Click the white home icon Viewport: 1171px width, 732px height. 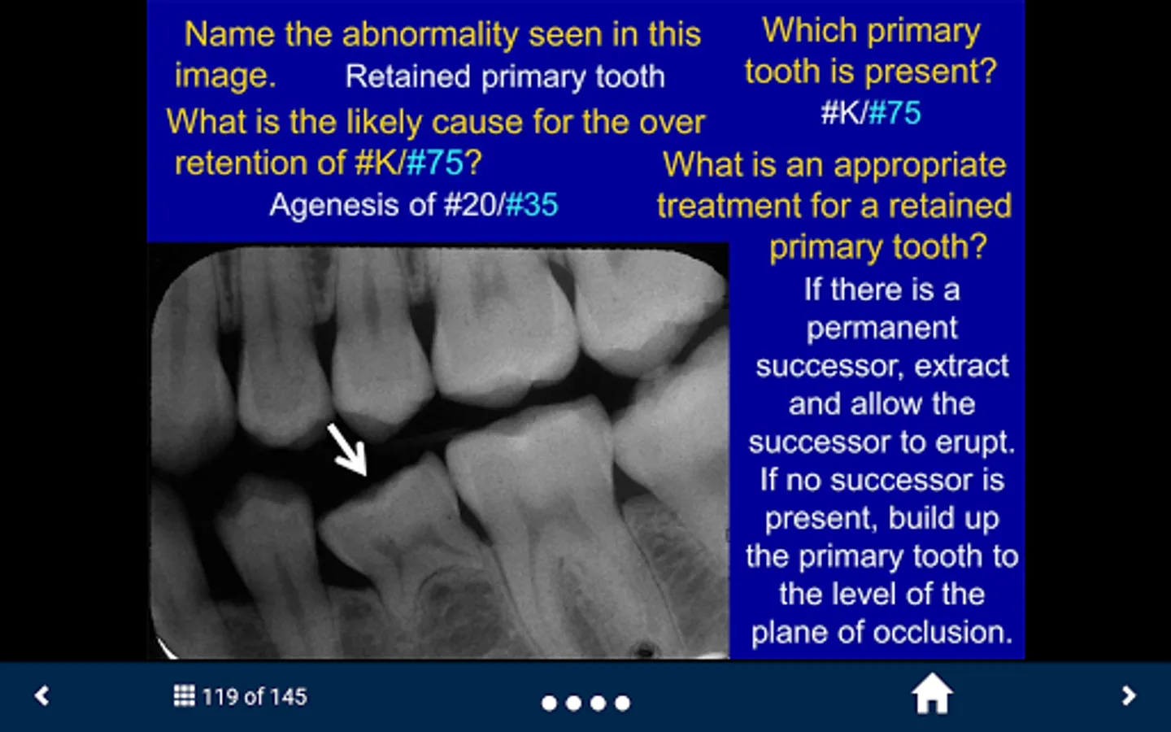point(932,693)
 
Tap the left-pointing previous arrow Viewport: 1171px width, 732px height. point(41,696)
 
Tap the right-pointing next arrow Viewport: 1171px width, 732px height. point(1129,696)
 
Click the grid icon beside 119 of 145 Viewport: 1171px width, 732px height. point(184,696)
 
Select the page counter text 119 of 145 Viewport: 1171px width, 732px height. point(254,697)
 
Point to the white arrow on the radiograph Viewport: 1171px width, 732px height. point(347,451)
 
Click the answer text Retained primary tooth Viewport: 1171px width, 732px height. point(505,77)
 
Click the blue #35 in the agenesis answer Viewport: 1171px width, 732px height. point(532,204)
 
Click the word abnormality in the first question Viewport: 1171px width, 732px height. point(431,34)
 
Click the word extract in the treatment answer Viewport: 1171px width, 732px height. point(961,365)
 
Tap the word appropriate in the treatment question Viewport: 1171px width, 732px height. point(920,166)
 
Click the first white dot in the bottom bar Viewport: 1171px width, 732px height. point(549,704)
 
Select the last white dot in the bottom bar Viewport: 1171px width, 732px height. point(622,704)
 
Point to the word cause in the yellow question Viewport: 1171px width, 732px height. point(477,122)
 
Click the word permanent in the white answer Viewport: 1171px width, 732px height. point(882,329)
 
